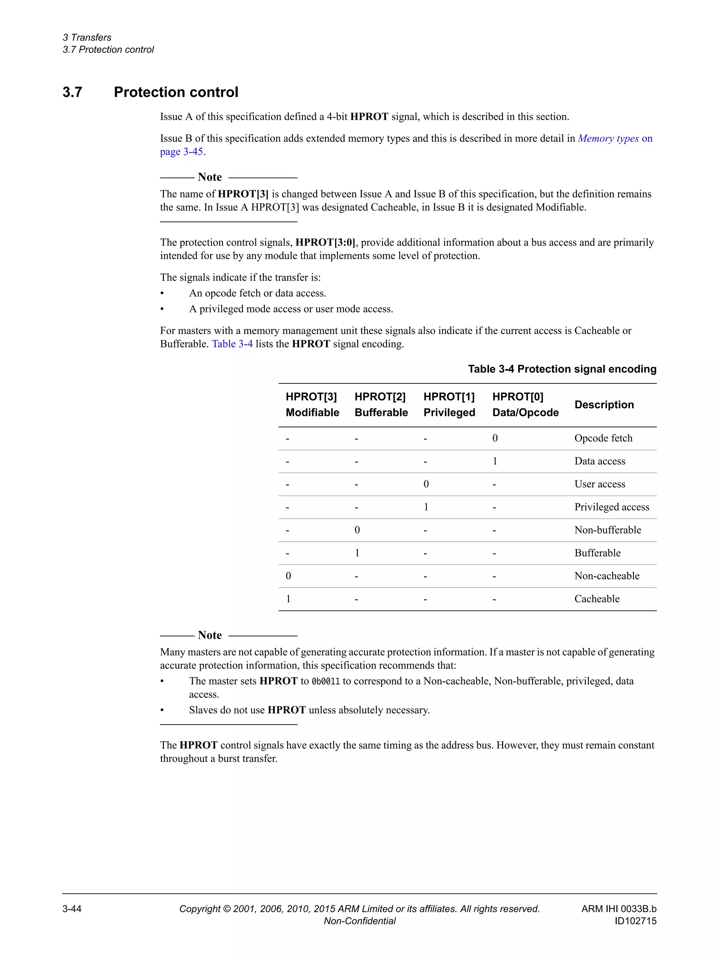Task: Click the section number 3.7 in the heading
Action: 72,92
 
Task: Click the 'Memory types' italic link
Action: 608,138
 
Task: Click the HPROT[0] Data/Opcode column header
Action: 525,404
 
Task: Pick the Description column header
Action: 604,404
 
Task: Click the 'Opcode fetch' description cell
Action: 603,438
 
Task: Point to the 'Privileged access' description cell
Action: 611,507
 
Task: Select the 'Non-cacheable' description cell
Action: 607,576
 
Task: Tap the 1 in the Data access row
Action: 495,461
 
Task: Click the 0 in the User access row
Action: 426,484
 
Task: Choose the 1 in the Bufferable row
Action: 357,553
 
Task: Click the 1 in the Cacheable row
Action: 289,599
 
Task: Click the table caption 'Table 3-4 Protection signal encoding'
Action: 562,369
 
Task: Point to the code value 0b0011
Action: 326,681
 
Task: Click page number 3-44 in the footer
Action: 72,909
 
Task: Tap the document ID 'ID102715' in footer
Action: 635,920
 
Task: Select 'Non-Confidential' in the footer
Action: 359,920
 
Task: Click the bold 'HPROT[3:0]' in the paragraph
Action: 325,243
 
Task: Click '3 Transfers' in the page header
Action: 87,38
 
